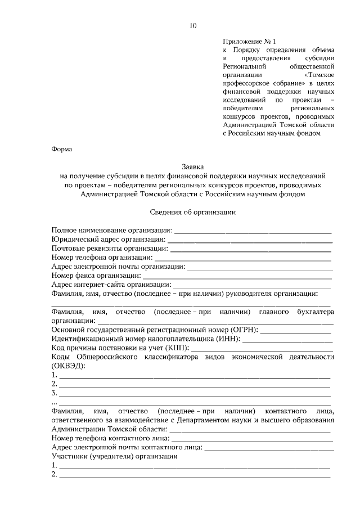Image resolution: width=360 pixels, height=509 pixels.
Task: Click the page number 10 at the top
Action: [193, 26]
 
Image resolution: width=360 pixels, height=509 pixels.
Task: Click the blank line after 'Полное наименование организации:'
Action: [253, 231]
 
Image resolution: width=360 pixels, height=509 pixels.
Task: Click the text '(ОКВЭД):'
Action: [69, 366]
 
